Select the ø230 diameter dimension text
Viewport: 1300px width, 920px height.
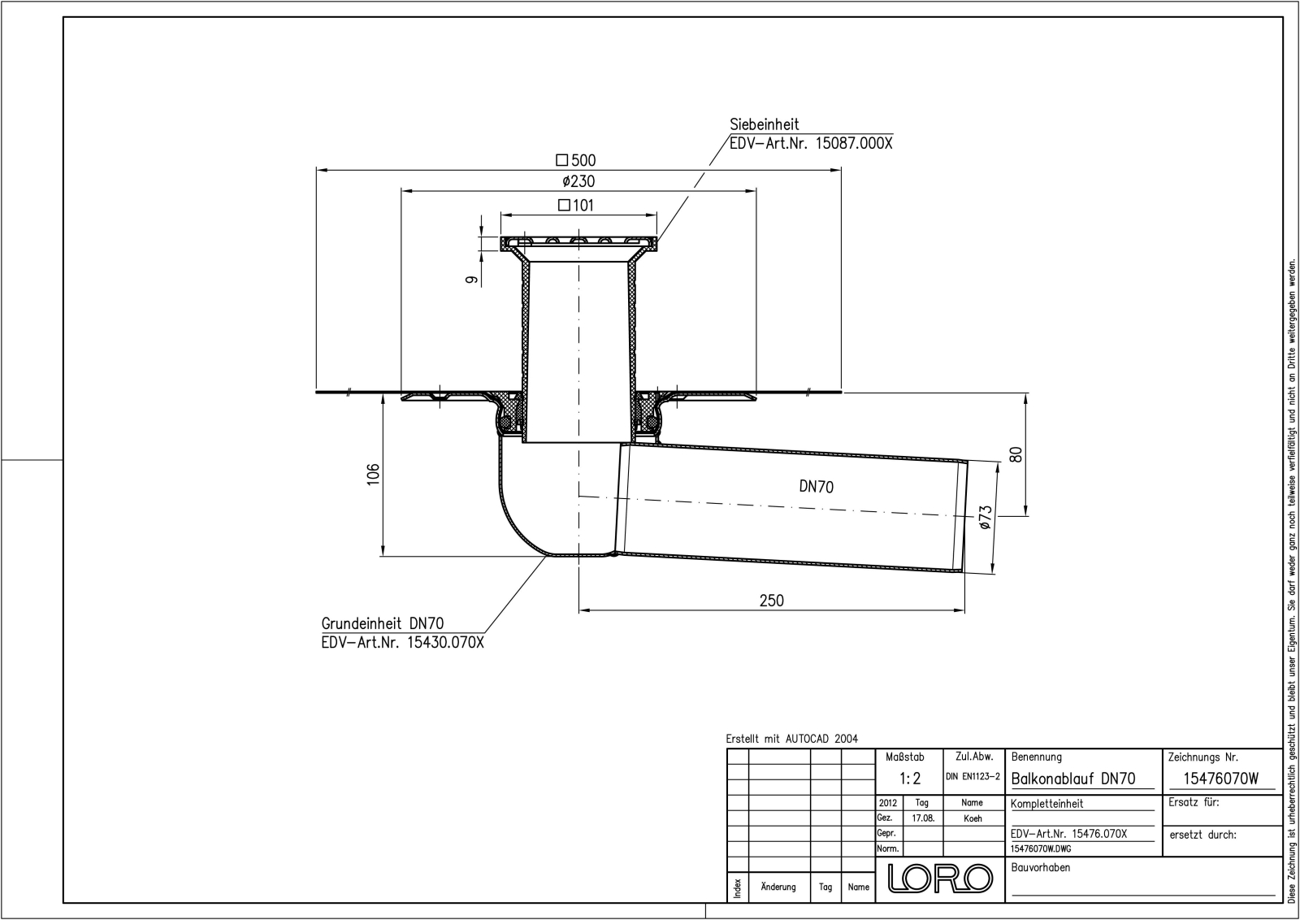click(x=578, y=182)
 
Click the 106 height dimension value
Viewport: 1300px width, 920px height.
click(x=373, y=474)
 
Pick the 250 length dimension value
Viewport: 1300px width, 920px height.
click(x=771, y=601)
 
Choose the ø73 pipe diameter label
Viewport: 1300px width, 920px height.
click(x=985, y=518)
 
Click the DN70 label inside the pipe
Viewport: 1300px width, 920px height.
click(x=816, y=487)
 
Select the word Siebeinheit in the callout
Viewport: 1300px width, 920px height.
click(x=764, y=124)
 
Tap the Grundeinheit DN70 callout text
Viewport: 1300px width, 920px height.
click(x=383, y=623)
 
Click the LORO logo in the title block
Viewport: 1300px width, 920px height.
click(x=940, y=879)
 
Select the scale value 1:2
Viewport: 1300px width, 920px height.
click(x=910, y=779)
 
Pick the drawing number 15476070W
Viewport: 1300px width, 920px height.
click(x=1220, y=779)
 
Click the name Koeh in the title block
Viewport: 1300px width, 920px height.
click(x=973, y=818)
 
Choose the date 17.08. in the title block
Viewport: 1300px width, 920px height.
click(x=922, y=818)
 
